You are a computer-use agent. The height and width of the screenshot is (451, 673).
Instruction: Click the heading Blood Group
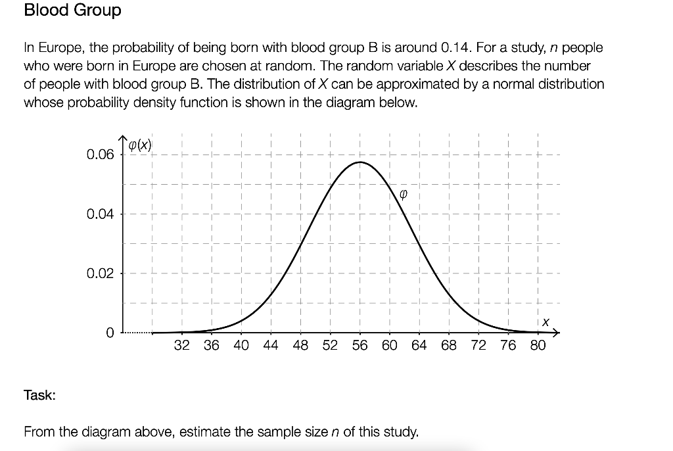[x=72, y=11]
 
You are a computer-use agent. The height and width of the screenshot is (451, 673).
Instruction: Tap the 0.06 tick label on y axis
[x=100, y=155]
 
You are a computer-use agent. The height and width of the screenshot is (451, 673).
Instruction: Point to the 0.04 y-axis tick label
[x=100, y=214]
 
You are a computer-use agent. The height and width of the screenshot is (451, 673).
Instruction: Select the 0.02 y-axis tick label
[x=100, y=273]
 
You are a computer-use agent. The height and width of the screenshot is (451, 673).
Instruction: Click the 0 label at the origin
[x=110, y=333]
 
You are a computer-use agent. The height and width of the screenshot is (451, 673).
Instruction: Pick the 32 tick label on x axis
[x=182, y=346]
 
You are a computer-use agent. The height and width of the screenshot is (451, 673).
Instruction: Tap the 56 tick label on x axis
[x=360, y=346]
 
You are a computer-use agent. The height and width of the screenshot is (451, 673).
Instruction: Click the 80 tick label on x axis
[x=537, y=346]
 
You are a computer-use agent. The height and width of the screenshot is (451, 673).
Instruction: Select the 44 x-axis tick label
[x=271, y=346]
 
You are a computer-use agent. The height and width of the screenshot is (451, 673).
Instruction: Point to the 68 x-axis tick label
[x=448, y=346]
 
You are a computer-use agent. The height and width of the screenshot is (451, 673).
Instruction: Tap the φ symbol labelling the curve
[x=404, y=194]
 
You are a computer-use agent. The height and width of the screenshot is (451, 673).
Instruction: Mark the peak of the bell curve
[x=360, y=162]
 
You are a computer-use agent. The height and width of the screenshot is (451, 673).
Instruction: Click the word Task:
[x=39, y=395]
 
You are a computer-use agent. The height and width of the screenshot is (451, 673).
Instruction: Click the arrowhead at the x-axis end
[x=555, y=333]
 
